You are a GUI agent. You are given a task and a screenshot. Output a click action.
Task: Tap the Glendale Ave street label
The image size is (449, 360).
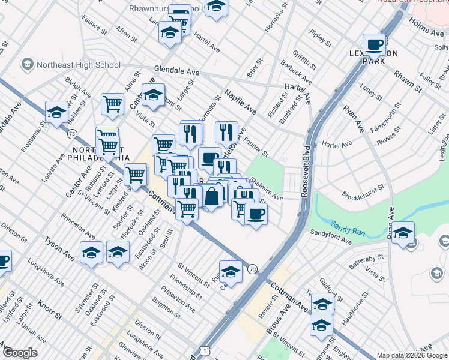[x=176, y=71]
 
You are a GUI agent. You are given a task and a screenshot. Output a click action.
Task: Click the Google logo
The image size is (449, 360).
[x=20, y=353]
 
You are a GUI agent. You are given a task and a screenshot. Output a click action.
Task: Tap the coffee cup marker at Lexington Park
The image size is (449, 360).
[x=375, y=45]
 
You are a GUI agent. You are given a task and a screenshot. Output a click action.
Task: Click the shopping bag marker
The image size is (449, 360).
[x=212, y=196]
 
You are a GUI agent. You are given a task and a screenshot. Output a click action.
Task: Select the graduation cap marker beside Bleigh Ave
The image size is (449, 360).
[x=56, y=112]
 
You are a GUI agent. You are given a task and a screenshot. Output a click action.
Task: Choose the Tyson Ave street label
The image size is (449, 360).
[x=58, y=248]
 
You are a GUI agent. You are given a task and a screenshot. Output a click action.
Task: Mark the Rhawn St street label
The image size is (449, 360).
[x=408, y=82]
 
